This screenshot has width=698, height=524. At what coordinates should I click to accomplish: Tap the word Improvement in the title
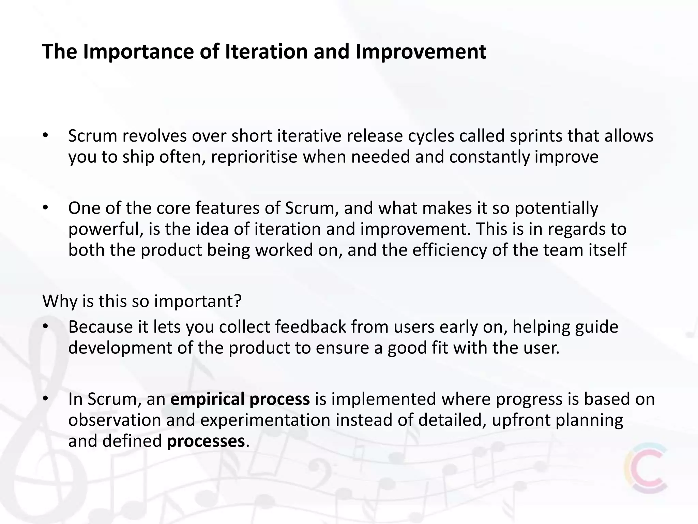(421, 52)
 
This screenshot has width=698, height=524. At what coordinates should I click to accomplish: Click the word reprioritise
(254, 157)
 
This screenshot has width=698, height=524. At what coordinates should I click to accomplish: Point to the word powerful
(105, 229)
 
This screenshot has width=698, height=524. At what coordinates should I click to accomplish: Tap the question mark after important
(238, 301)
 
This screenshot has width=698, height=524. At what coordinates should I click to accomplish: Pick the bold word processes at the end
(206, 441)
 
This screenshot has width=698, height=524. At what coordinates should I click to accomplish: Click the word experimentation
(265, 420)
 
